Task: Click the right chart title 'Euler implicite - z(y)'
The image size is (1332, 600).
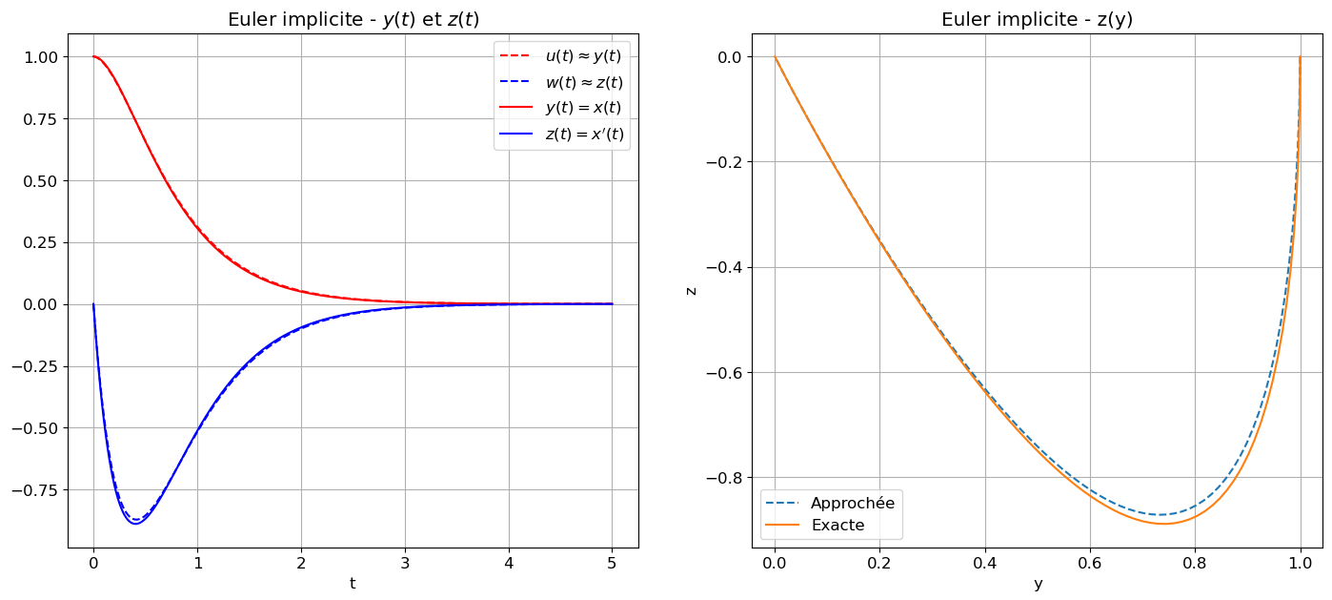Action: pyautogui.click(x=1037, y=20)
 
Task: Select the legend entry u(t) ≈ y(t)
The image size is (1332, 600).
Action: pyautogui.click(x=582, y=57)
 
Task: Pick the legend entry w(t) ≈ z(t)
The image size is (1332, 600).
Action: pyautogui.click(x=583, y=83)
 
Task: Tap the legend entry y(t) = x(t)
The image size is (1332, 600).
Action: pyautogui.click(x=583, y=109)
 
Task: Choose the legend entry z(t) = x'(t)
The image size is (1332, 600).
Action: pyautogui.click(x=584, y=134)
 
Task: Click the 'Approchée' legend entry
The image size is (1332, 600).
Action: pyautogui.click(x=852, y=503)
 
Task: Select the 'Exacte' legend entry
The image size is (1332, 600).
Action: pyautogui.click(x=838, y=525)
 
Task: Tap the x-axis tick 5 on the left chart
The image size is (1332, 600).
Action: pyautogui.click(x=612, y=562)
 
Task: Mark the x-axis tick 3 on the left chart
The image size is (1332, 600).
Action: pyautogui.click(x=404, y=562)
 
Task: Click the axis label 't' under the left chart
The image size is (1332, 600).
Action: pyautogui.click(x=353, y=583)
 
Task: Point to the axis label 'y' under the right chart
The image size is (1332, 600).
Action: pyautogui.click(x=1038, y=583)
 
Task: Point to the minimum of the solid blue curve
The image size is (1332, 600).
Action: pyautogui.click(x=135, y=524)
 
